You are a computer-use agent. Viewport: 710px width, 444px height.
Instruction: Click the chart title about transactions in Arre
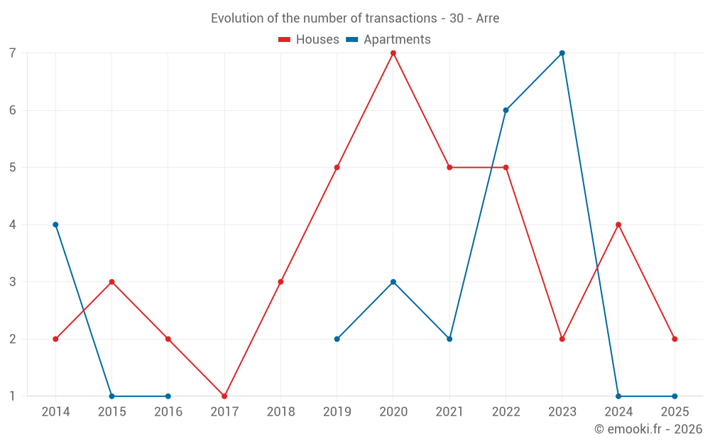point(355,18)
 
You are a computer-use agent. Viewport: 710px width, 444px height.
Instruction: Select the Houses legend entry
point(309,40)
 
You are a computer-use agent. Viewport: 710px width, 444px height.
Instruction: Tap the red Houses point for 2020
point(393,53)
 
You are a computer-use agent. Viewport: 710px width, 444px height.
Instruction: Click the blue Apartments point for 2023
point(562,53)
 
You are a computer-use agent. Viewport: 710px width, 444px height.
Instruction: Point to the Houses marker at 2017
point(224,396)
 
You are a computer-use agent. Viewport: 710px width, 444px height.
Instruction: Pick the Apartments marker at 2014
point(55,224)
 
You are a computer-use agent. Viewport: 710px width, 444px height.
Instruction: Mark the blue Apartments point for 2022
point(506,110)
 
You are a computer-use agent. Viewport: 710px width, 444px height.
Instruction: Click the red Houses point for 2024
point(618,224)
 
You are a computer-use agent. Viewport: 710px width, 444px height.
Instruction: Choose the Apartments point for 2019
point(337,339)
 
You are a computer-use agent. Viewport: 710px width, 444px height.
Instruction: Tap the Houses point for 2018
point(280,282)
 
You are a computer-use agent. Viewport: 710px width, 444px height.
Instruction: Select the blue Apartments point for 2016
point(168,396)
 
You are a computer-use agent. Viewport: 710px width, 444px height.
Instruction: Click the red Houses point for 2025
point(674,339)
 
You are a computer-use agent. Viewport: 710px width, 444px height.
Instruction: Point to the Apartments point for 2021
point(449,339)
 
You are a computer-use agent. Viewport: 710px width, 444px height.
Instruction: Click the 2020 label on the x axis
point(393,412)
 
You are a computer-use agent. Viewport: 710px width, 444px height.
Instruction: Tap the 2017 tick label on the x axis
point(224,412)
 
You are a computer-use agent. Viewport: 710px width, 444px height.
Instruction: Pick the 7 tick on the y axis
point(13,53)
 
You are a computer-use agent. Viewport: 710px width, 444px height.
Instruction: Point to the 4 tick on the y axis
point(13,224)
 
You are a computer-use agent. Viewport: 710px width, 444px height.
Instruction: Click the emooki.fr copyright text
point(648,429)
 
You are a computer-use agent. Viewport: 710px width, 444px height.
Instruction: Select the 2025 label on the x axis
point(674,412)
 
